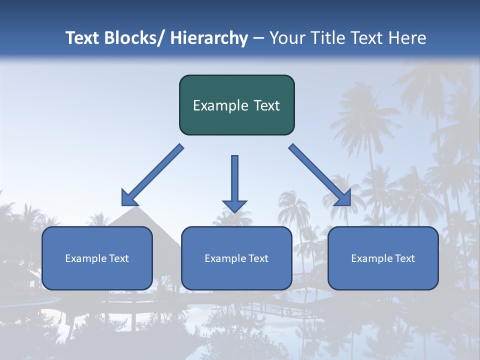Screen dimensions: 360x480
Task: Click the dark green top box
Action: click(236, 105)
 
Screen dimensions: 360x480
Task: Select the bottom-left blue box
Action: click(97, 258)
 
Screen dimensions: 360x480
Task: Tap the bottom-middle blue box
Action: click(236, 258)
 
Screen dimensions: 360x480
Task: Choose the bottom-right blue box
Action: click(383, 258)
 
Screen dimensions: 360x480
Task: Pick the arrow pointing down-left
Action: click(152, 175)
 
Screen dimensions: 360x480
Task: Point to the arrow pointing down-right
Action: click(320, 175)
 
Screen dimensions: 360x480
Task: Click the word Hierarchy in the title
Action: click(208, 38)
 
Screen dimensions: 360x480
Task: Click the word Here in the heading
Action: click(409, 38)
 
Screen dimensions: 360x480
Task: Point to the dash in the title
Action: click(258, 38)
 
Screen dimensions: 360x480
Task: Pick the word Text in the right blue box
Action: click(404, 258)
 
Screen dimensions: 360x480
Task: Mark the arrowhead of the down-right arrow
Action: click(343, 198)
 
